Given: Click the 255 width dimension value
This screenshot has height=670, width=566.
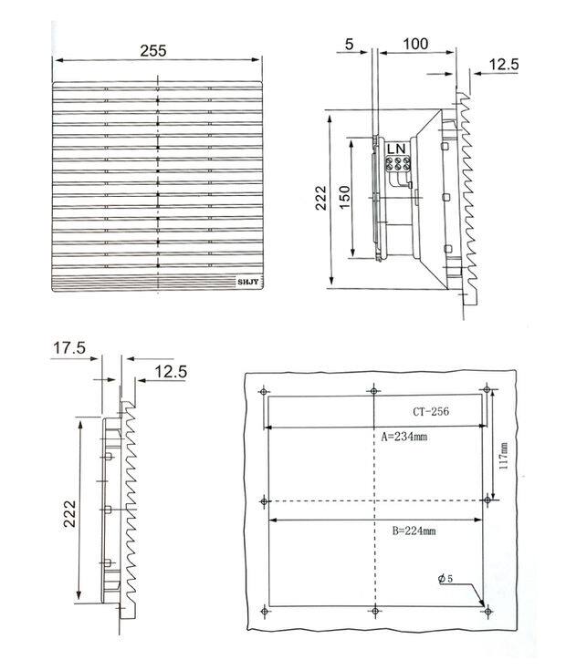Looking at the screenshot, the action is point(152,50).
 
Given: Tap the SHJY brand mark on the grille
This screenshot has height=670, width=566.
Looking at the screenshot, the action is point(248,282).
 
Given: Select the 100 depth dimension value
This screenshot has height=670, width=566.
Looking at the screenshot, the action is point(415,44).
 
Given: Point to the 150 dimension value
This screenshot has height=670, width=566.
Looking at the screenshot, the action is point(344,197).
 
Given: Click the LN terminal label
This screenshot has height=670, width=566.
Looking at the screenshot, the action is point(396,149).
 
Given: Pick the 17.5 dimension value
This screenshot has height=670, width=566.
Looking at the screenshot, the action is point(69,348).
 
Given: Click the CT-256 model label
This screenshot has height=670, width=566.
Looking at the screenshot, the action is point(431,411).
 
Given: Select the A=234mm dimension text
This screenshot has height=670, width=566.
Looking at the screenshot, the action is point(404,437).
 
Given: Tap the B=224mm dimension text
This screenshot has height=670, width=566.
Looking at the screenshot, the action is point(414,531).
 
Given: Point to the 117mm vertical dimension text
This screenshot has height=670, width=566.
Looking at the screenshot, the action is point(504,456).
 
